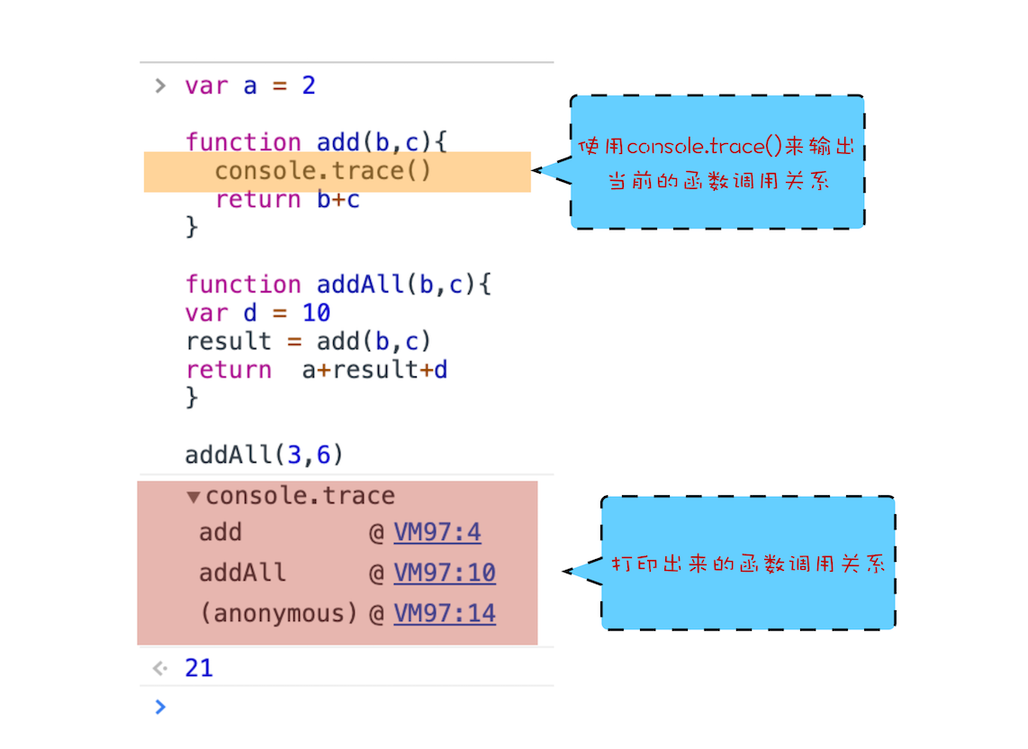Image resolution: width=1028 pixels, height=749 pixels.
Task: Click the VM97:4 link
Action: click(x=437, y=532)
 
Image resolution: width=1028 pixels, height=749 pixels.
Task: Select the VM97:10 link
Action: click(x=445, y=573)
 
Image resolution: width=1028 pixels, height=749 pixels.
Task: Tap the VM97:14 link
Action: click(x=445, y=613)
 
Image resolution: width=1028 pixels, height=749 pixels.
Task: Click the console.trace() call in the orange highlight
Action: click(x=323, y=171)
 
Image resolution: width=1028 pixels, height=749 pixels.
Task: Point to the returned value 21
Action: click(x=199, y=668)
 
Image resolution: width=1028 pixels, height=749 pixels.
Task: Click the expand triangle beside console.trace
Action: click(x=194, y=497)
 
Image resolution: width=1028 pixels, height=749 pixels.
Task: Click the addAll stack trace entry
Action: click(x=242, y=573)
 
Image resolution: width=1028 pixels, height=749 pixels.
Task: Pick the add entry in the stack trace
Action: click(x=221, y=532)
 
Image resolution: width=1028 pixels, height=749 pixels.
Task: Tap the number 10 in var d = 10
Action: click(x=316, y=313)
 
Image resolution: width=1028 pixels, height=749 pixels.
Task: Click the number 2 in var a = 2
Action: click(x=309, y=86)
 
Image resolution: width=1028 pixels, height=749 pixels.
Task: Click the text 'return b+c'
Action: click(x=287, y=200)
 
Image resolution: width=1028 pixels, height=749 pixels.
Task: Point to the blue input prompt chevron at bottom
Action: click(x=160, y=707)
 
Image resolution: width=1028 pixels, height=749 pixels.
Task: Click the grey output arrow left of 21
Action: click(x=160, y=668)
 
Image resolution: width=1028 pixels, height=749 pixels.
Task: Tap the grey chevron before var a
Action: click(x=160, y=86)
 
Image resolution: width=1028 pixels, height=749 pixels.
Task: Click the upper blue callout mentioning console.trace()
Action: click(x=717, y=162)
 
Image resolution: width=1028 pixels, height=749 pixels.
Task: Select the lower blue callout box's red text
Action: click(x=748, y=564)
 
